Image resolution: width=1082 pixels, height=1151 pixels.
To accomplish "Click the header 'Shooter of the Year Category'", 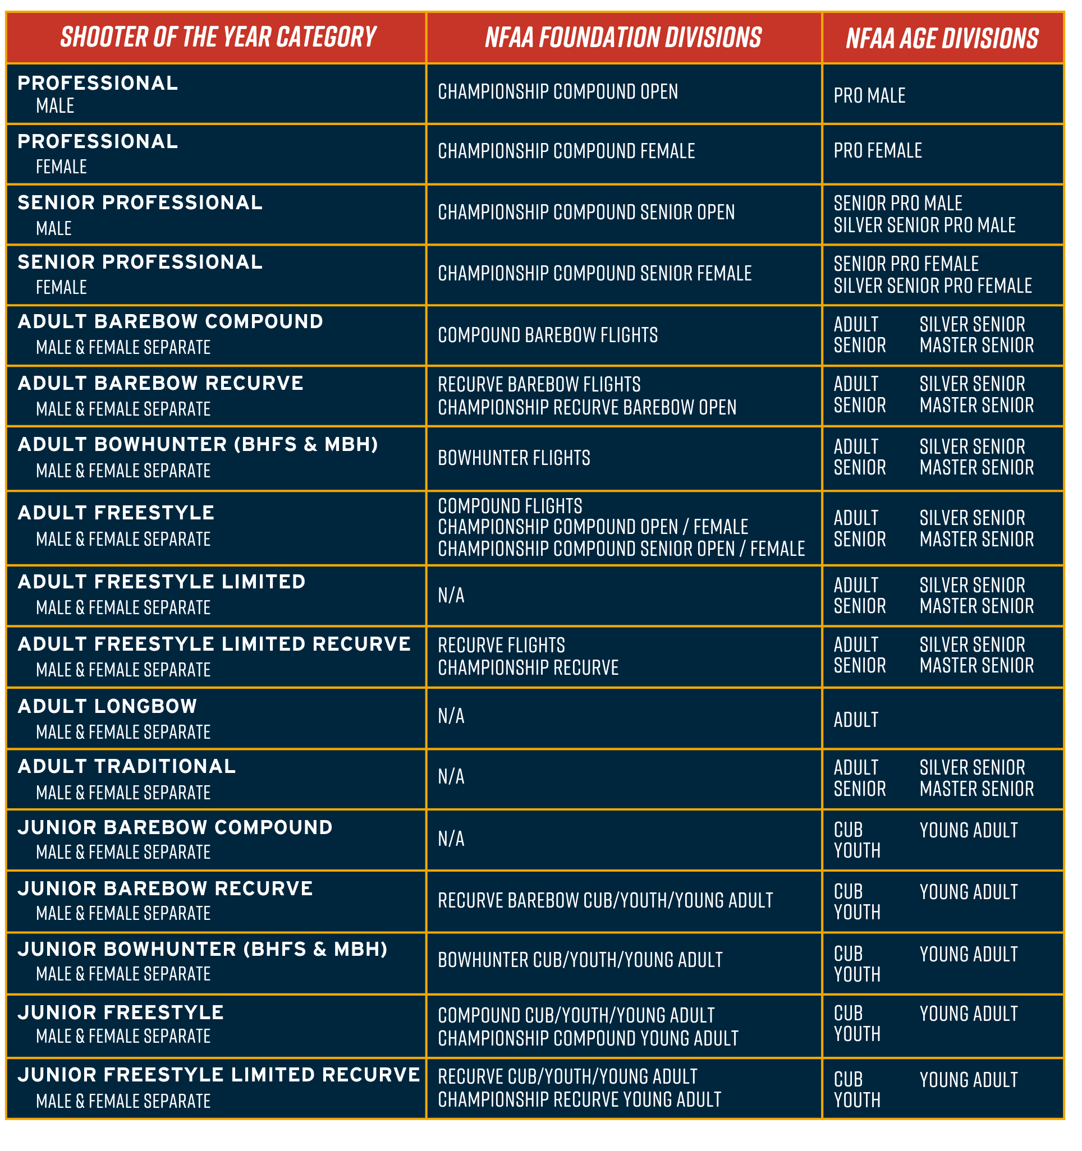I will tap(218, 38).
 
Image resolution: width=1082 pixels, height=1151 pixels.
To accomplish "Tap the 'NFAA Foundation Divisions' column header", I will tap(623, 38).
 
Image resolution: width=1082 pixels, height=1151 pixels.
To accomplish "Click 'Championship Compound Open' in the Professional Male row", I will tap(558, 92).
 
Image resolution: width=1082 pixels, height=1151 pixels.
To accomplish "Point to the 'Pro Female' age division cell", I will tap(878, 151).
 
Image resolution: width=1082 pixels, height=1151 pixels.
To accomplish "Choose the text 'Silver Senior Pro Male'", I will tap(924, 225).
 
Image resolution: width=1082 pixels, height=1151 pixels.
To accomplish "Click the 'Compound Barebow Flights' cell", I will tap(547, 335).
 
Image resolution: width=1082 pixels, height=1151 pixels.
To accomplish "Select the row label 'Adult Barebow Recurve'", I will tap(161, 383).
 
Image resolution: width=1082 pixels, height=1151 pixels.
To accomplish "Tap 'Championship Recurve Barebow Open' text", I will tap(587, 408).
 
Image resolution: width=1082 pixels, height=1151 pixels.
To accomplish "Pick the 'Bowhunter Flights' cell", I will tap(514, 458).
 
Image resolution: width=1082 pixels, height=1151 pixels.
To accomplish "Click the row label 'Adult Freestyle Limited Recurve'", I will tap(214, 644).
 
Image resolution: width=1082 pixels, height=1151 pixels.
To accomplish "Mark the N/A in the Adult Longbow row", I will tap(451, 716).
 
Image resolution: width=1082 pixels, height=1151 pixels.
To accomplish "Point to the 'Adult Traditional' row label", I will tap(127, 767).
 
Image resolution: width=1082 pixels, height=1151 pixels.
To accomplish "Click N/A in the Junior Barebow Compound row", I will tap(451, 839).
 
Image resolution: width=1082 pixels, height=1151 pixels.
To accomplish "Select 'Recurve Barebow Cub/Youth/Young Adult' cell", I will tap(606, 900).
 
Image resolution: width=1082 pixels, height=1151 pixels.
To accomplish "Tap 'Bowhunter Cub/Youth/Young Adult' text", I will tap(580, 960).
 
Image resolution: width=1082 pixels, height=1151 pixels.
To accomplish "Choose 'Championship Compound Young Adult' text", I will tap(588, 1038).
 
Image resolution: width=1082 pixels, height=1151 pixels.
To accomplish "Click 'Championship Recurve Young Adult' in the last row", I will tap(579, 1099).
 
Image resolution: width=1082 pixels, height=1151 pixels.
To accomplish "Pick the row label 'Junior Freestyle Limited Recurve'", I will tap(218, 1075).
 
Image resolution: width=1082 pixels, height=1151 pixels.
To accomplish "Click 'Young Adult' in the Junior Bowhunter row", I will tap(969, 954).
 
